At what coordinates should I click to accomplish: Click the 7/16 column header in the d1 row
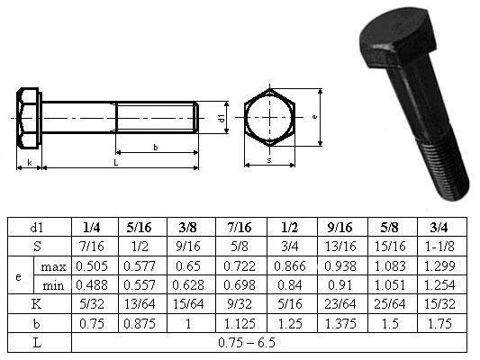(240, 228)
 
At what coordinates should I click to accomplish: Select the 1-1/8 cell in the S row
(439, 247)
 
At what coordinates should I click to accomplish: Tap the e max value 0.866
(290, 266)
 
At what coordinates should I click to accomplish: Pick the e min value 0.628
(188, 285)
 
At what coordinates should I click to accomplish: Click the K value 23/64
(340, 304)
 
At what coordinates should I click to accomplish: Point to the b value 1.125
(240, 324)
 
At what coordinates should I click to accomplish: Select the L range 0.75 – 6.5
(247, 343)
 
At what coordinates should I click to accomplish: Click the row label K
(36, 304)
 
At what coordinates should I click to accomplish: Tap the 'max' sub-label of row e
(53, 267)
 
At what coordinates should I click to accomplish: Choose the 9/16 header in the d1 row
(340, 228)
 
